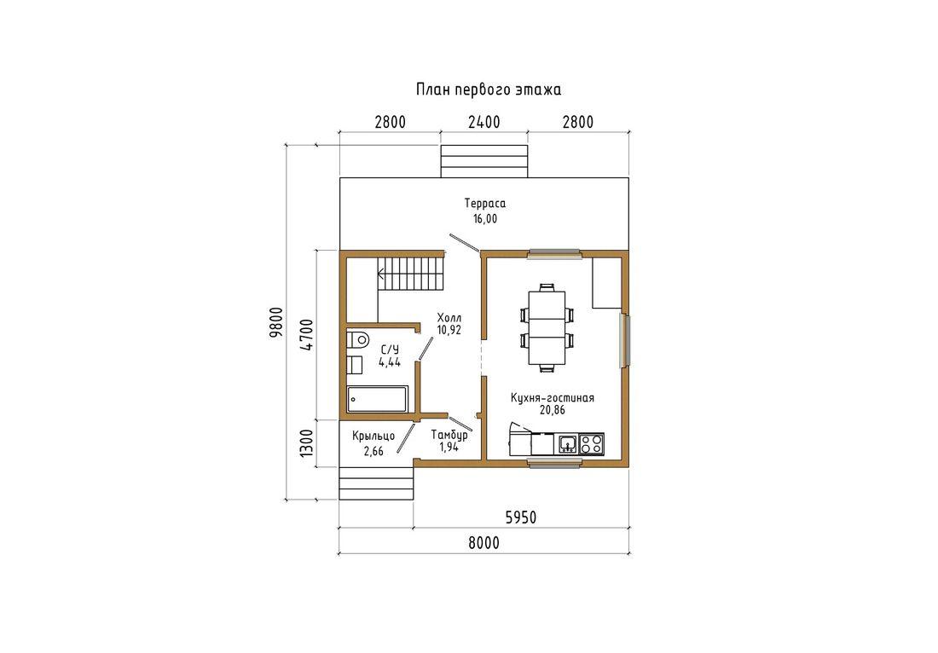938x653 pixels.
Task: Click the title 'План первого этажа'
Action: (488, 90)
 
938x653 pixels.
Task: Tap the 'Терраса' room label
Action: (484, 203)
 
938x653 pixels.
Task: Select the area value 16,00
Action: (484, 219)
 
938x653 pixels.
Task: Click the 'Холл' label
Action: (449, 317)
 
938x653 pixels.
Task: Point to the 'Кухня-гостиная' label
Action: (553, 397)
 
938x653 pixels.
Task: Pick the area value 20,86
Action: (553, 410)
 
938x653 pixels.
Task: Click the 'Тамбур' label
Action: (449, 435)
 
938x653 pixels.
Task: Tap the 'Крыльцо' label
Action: (373, 436)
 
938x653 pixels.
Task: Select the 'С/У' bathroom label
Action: (390, 350)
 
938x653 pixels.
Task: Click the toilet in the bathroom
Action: (358, 339)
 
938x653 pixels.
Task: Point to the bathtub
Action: (378, 399)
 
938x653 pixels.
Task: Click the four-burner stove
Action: (591, 443)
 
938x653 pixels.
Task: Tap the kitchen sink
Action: (567, 443)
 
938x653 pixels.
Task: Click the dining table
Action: (547, 327)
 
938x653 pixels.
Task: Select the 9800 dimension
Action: (275, 323)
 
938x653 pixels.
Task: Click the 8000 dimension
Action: (483, 543)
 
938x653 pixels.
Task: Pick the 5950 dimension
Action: (520, 517)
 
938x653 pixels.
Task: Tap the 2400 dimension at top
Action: (484, 122)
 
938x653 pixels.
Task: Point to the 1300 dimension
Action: (305, 443)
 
